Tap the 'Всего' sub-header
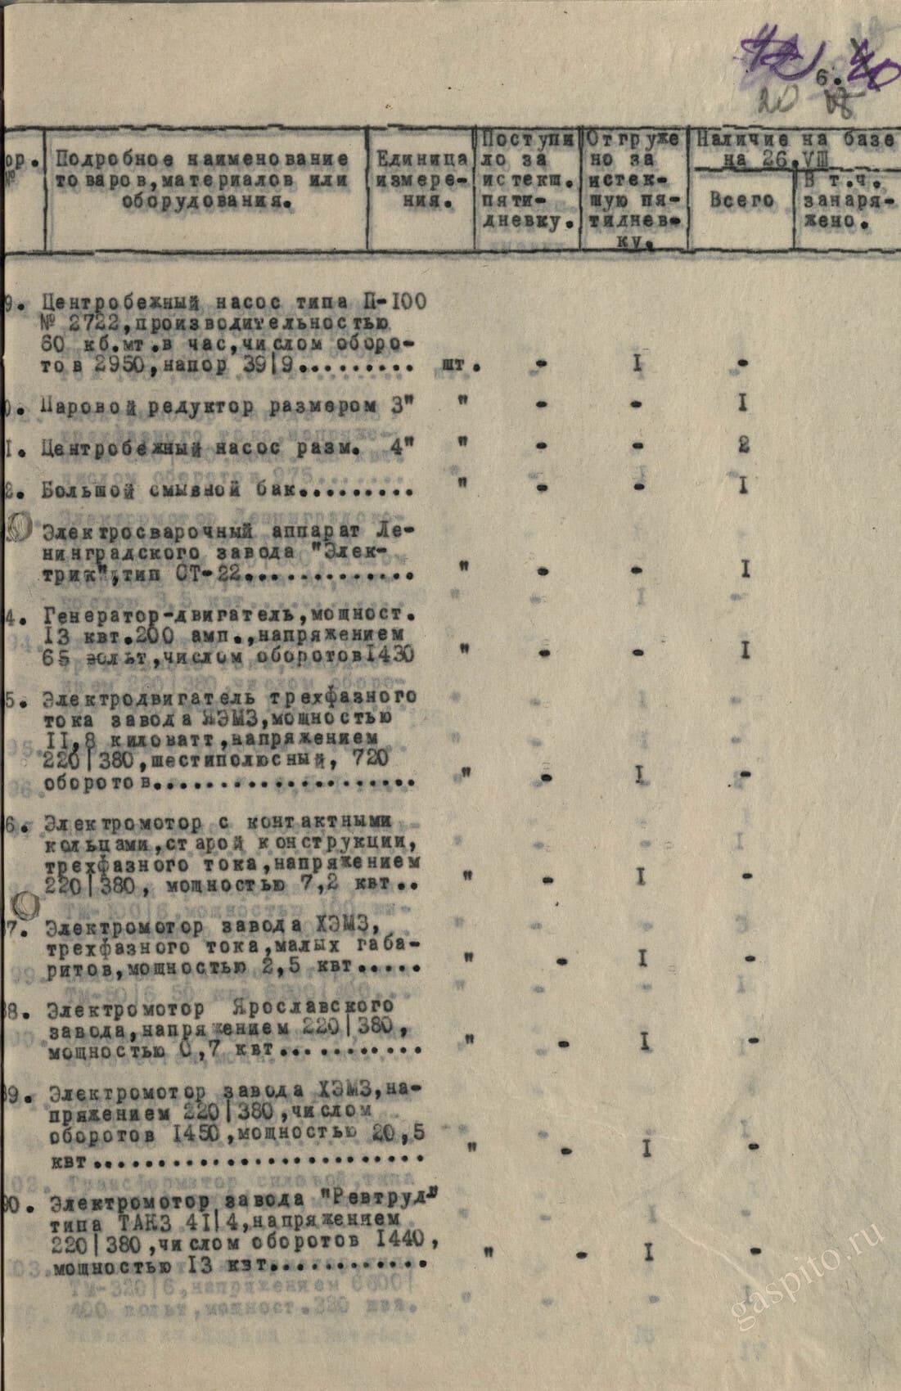741,200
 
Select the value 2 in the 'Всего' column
744,446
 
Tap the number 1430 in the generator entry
387,655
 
